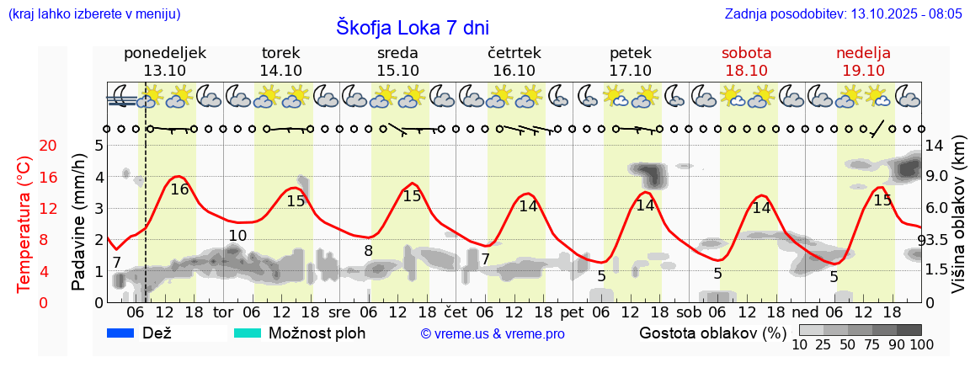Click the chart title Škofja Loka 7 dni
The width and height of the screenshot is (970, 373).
pyautogui.click(x=413, y=27)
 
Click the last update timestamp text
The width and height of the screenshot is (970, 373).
pyautogui.click(x=844, y=14)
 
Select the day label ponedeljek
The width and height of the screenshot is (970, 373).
pyautogui.click(x=165, y=53)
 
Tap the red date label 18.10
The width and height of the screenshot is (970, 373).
pyautogui.click(x=746, y=70)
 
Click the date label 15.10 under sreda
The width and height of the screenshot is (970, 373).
pyautogui.click(x=398, y=70)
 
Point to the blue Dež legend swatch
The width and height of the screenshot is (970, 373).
pyautogui.click(x=121, y=333)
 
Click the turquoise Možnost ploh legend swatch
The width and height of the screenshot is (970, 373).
pyautogui.click(x=248, y=333)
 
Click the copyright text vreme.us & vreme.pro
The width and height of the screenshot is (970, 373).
pyautogui.click(x=493, y=334)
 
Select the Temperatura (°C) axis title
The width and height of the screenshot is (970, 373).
pyautogui.click(x=24, y=224)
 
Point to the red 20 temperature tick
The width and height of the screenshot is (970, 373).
pyautogui.click(x=24, y=146)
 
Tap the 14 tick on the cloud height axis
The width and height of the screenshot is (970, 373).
pyautogui.click(x=935, y=146)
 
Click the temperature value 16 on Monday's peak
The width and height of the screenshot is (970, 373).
pyautogui.click(x=179, y=189)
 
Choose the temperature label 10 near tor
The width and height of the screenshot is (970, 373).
pyautogui.click(x=238, y=236)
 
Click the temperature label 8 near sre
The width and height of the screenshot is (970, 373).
pyautogui.click(x=368, y=251)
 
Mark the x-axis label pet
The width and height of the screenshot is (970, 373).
pyautogui.click(x=572, y=312)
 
